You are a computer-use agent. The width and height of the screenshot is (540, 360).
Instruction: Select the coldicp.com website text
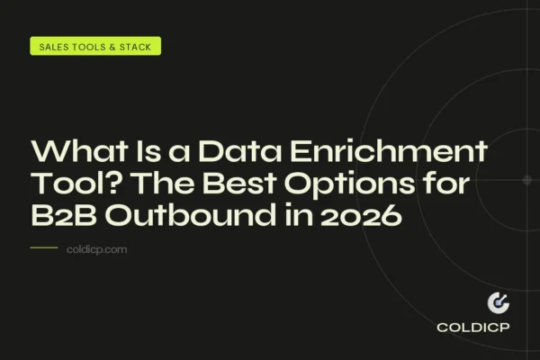coord(97,249)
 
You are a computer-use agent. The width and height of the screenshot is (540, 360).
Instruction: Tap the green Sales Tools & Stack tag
coord(95,46)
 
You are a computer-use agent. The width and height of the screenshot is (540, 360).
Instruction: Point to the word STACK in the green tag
coord(136,46)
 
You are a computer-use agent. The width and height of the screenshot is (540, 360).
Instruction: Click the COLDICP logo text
coord(474,328)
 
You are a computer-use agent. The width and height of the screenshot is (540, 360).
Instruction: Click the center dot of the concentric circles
coord(527,180)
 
